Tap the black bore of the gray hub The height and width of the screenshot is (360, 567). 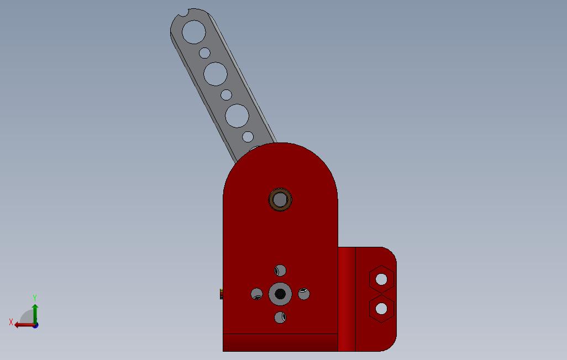(280, 294)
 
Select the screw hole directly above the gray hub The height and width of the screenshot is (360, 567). (280, 271)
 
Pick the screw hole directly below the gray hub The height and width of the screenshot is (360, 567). (280, 317)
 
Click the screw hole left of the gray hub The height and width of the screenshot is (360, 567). (257, 294)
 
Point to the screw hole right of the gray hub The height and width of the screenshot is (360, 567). (304, 294)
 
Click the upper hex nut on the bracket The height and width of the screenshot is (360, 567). (381, 279)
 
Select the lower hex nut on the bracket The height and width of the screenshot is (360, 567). (381, 309)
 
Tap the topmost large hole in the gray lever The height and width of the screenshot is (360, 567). (194, 32)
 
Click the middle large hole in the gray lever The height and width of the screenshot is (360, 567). (216, 74)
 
